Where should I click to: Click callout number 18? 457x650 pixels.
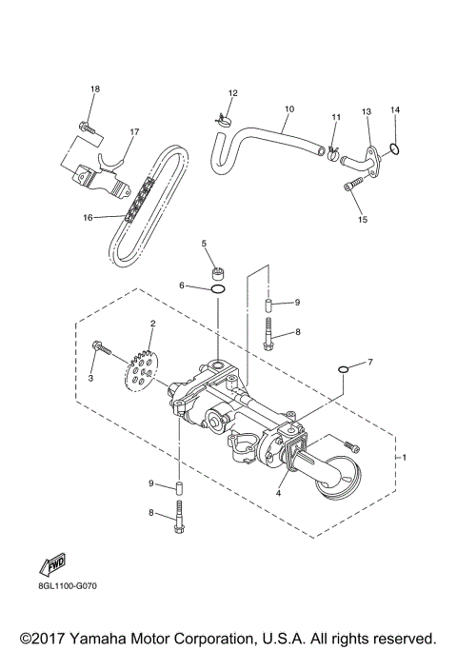click(94, 89)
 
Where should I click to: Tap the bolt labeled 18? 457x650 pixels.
click(87, 125)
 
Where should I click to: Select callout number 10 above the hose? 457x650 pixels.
click(289, 109)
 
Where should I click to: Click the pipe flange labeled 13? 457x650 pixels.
click(366, 152)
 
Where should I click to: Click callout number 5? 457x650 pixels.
click(203, 244)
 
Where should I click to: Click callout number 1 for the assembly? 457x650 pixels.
click(405, 458)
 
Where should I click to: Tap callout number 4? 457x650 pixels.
click(278, 493)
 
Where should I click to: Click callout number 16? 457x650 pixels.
click(88, 217)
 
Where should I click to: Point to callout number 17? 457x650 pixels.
click(134, 132)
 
